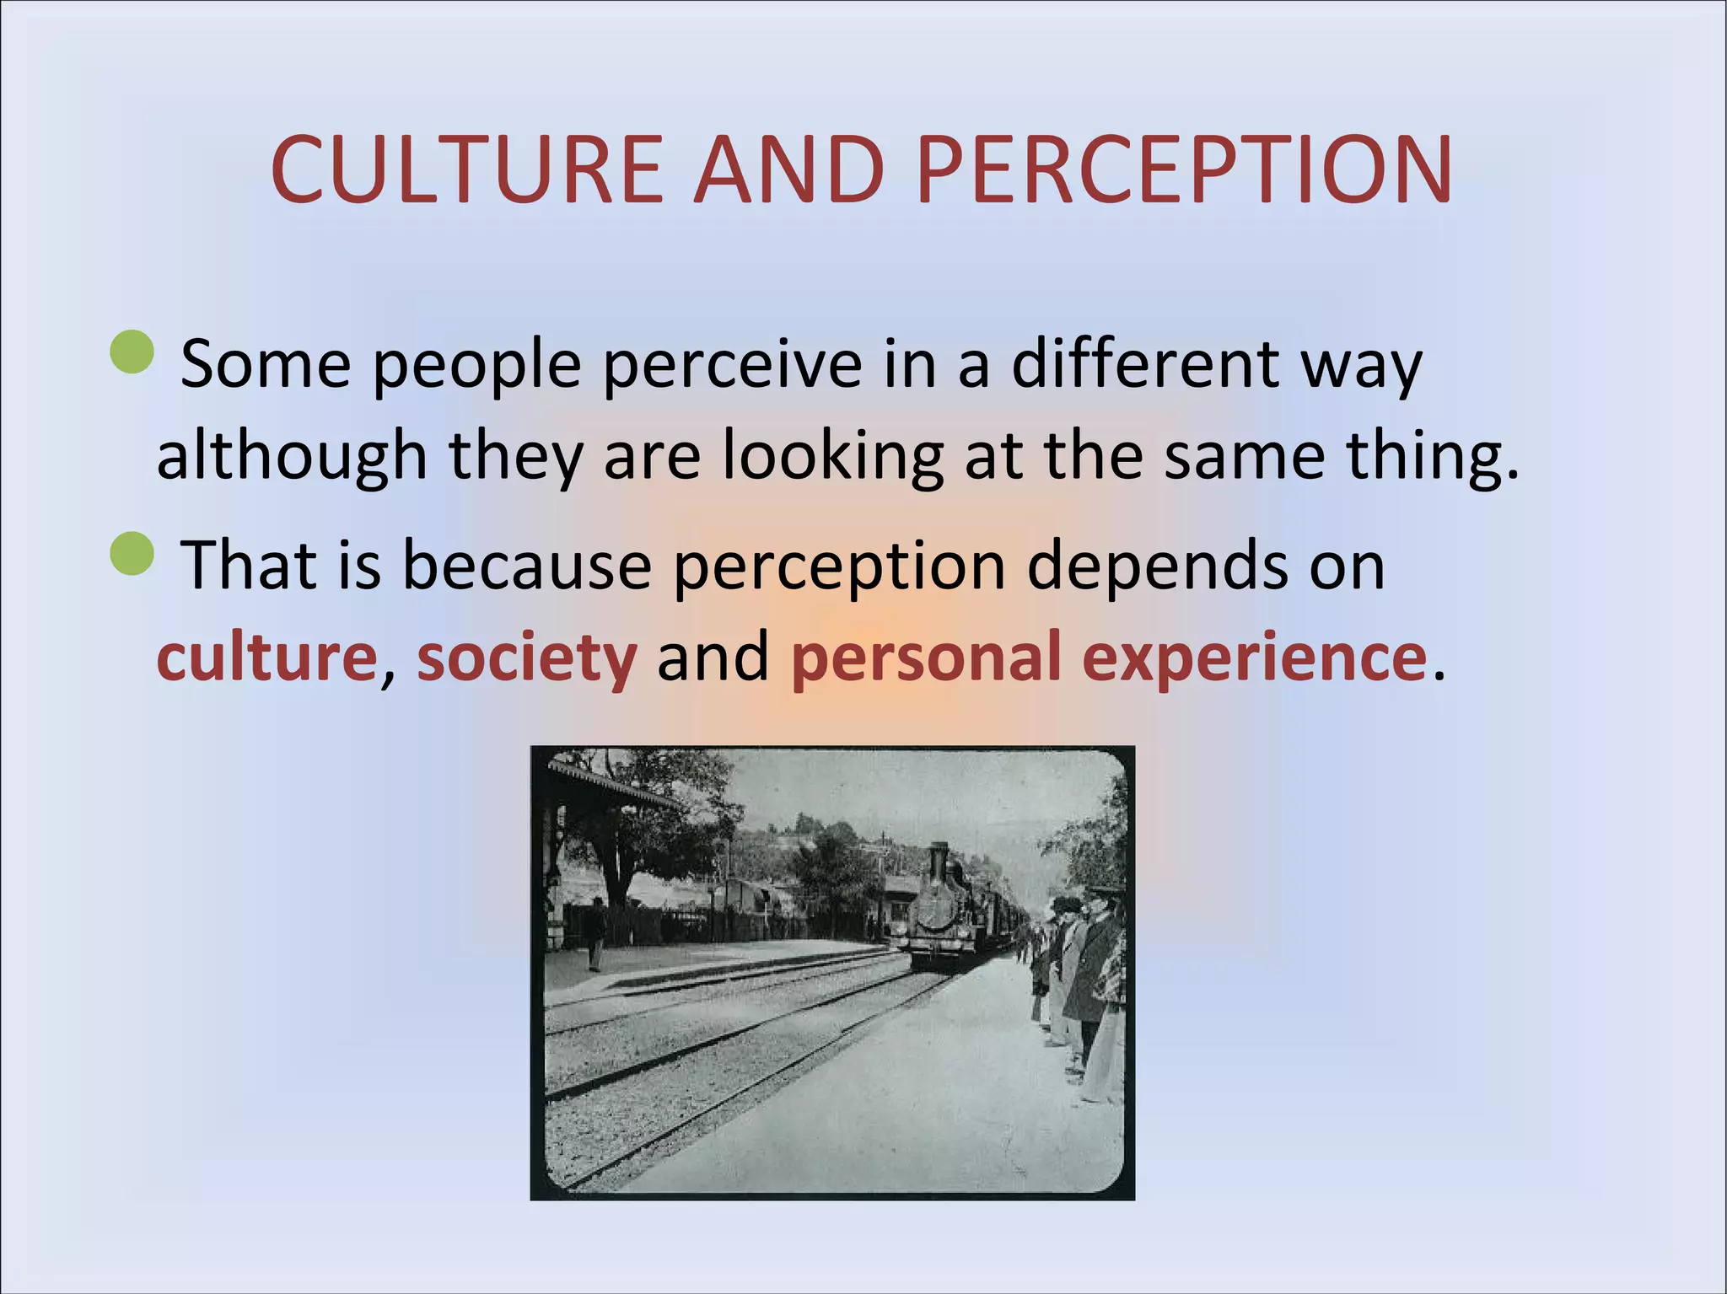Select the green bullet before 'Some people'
point(132,352)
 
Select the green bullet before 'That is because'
point(132,553)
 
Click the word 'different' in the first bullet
point(1145,364)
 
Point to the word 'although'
point(292,456)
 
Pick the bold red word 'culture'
point(266,657)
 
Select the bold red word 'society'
point(527,657)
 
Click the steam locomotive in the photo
point(936,915)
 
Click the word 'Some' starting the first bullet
point(266,364)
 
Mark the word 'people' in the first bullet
point(477,364)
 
